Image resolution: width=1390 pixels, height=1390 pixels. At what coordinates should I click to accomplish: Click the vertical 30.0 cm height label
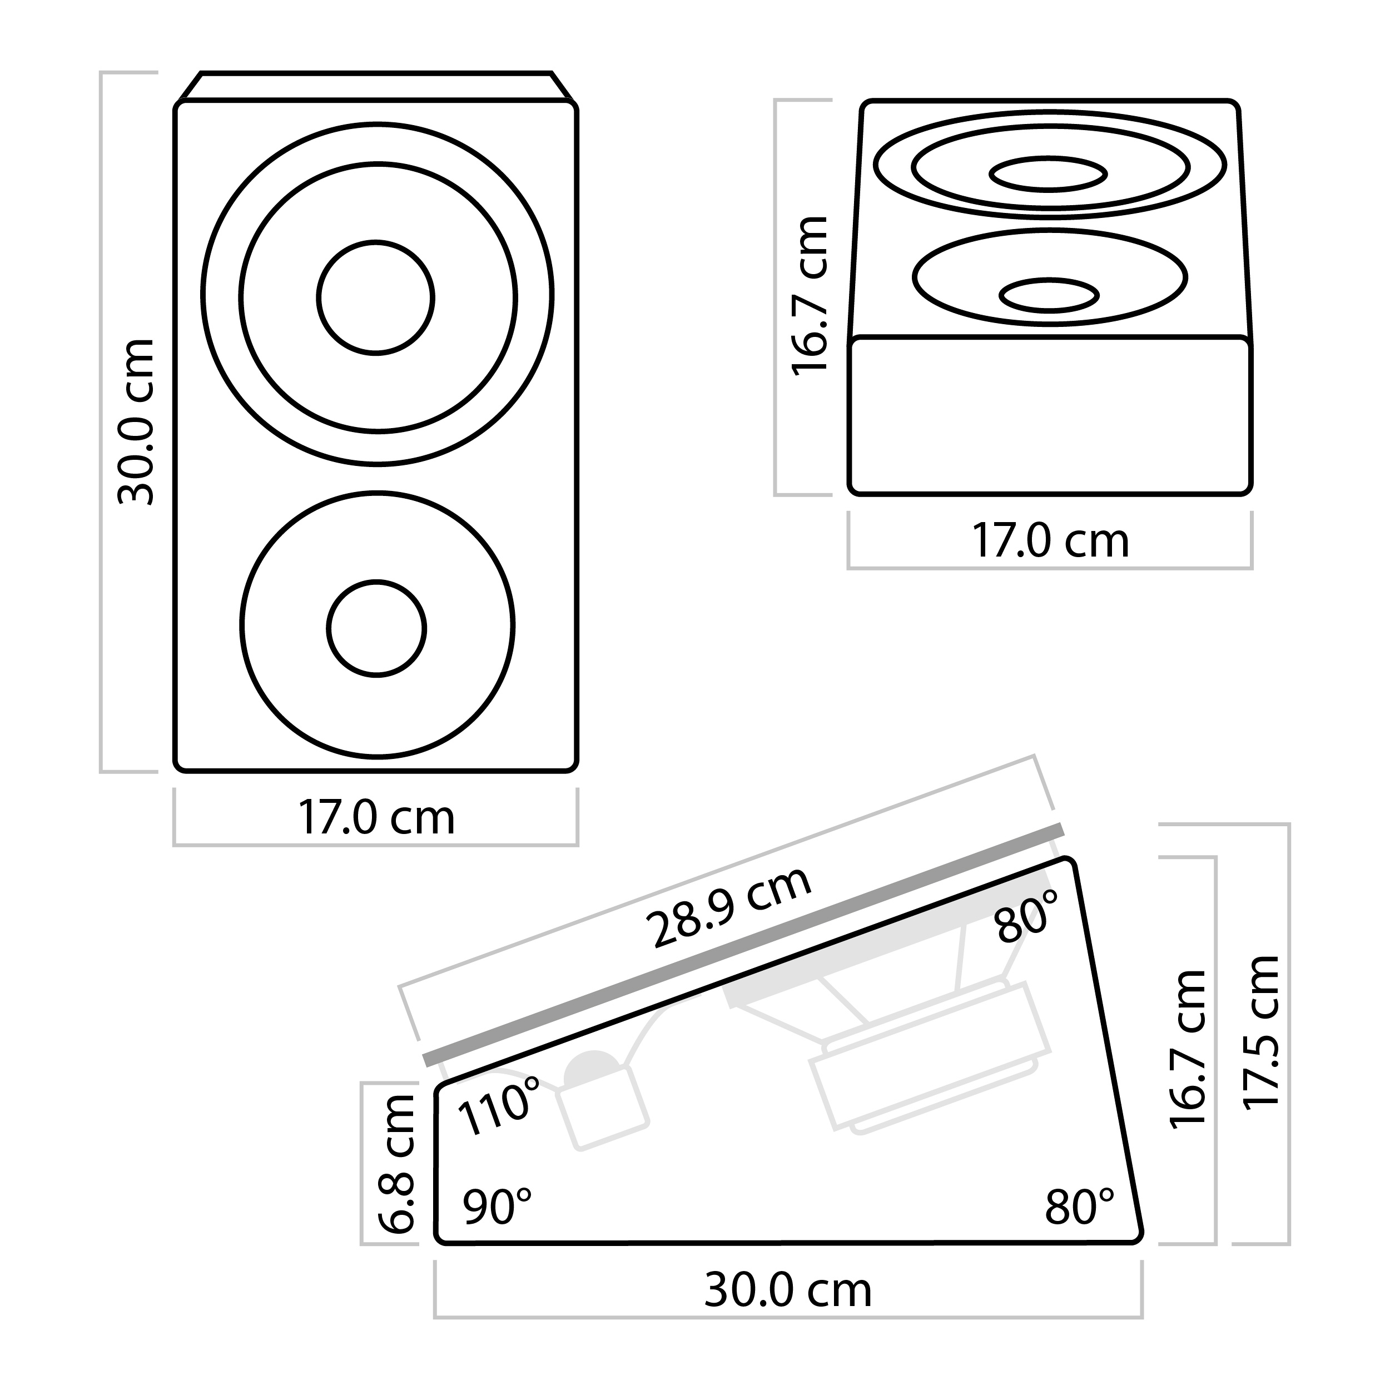[x=137, y=423]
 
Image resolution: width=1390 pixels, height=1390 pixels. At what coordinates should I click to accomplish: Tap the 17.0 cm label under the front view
[x=376, y=818]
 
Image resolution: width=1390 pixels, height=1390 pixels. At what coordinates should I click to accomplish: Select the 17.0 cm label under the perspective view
[x=1050, y=541]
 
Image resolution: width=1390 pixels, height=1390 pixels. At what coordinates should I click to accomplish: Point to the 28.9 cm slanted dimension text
[x=728, y=909]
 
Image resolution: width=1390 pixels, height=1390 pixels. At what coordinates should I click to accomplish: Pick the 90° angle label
[x=497, y=1207]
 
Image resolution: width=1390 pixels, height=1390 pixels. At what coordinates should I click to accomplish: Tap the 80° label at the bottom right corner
[x=1079, y=1207]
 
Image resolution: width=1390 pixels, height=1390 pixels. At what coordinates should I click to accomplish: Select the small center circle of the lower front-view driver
[x=376, y=628]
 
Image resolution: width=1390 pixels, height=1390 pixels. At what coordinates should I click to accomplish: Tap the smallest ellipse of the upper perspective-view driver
[x=1048, y=174]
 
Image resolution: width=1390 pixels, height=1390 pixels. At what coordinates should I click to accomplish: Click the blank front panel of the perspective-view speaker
[x=1050, y=418]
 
